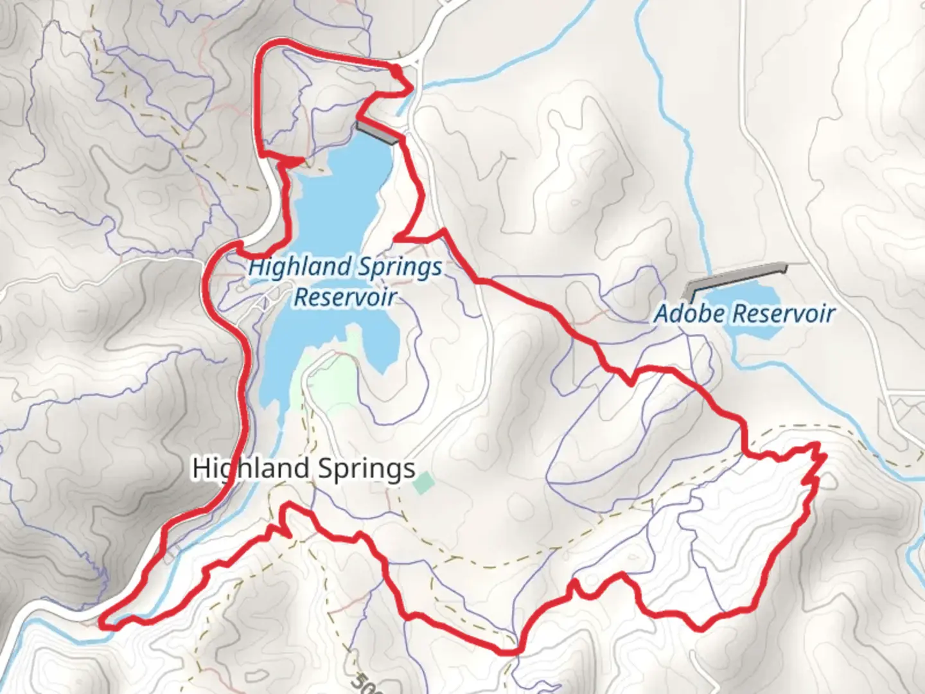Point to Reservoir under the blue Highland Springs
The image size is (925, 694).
[x=344, y=297]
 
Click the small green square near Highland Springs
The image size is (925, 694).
[x=423, y=483]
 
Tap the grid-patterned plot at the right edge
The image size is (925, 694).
[x=907, y=411]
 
